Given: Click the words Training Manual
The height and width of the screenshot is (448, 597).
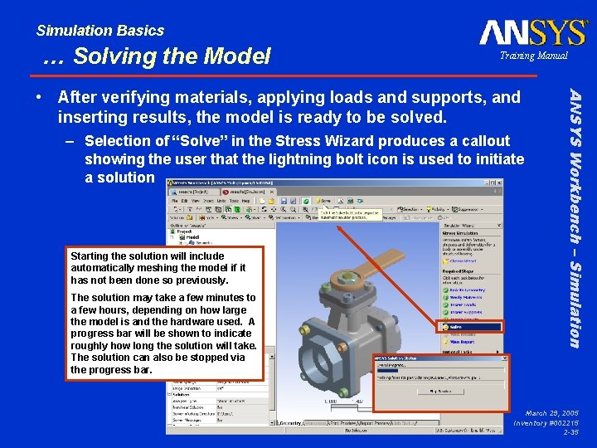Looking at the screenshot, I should (x=533, y=56).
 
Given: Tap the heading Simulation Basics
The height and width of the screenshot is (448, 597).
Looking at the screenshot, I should (x=99, y=31).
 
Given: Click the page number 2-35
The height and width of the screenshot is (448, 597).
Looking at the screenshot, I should (x=570, y=432).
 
